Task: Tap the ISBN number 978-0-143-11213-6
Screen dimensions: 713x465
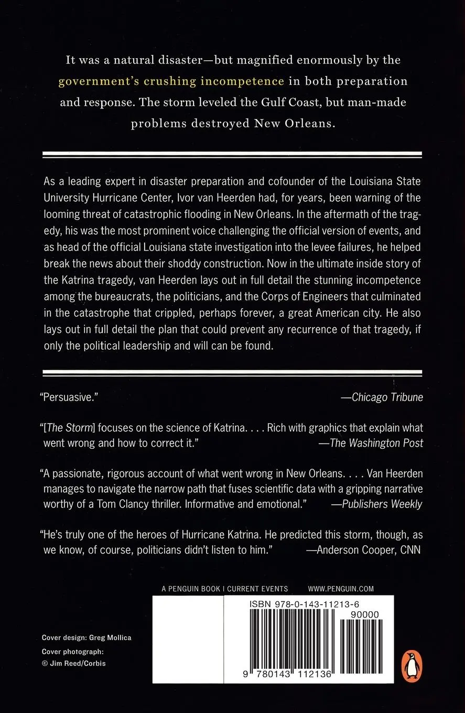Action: click(305, 604)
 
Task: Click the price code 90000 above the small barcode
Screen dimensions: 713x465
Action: click(366, 614)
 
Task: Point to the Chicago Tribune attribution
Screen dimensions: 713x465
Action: click(387, 397)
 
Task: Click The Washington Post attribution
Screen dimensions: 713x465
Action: click(376, 443)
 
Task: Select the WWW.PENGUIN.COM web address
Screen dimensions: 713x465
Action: click(341, 589)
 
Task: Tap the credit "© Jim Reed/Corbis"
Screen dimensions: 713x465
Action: click(73, 663)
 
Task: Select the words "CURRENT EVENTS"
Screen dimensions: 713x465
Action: click(257, 589)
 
